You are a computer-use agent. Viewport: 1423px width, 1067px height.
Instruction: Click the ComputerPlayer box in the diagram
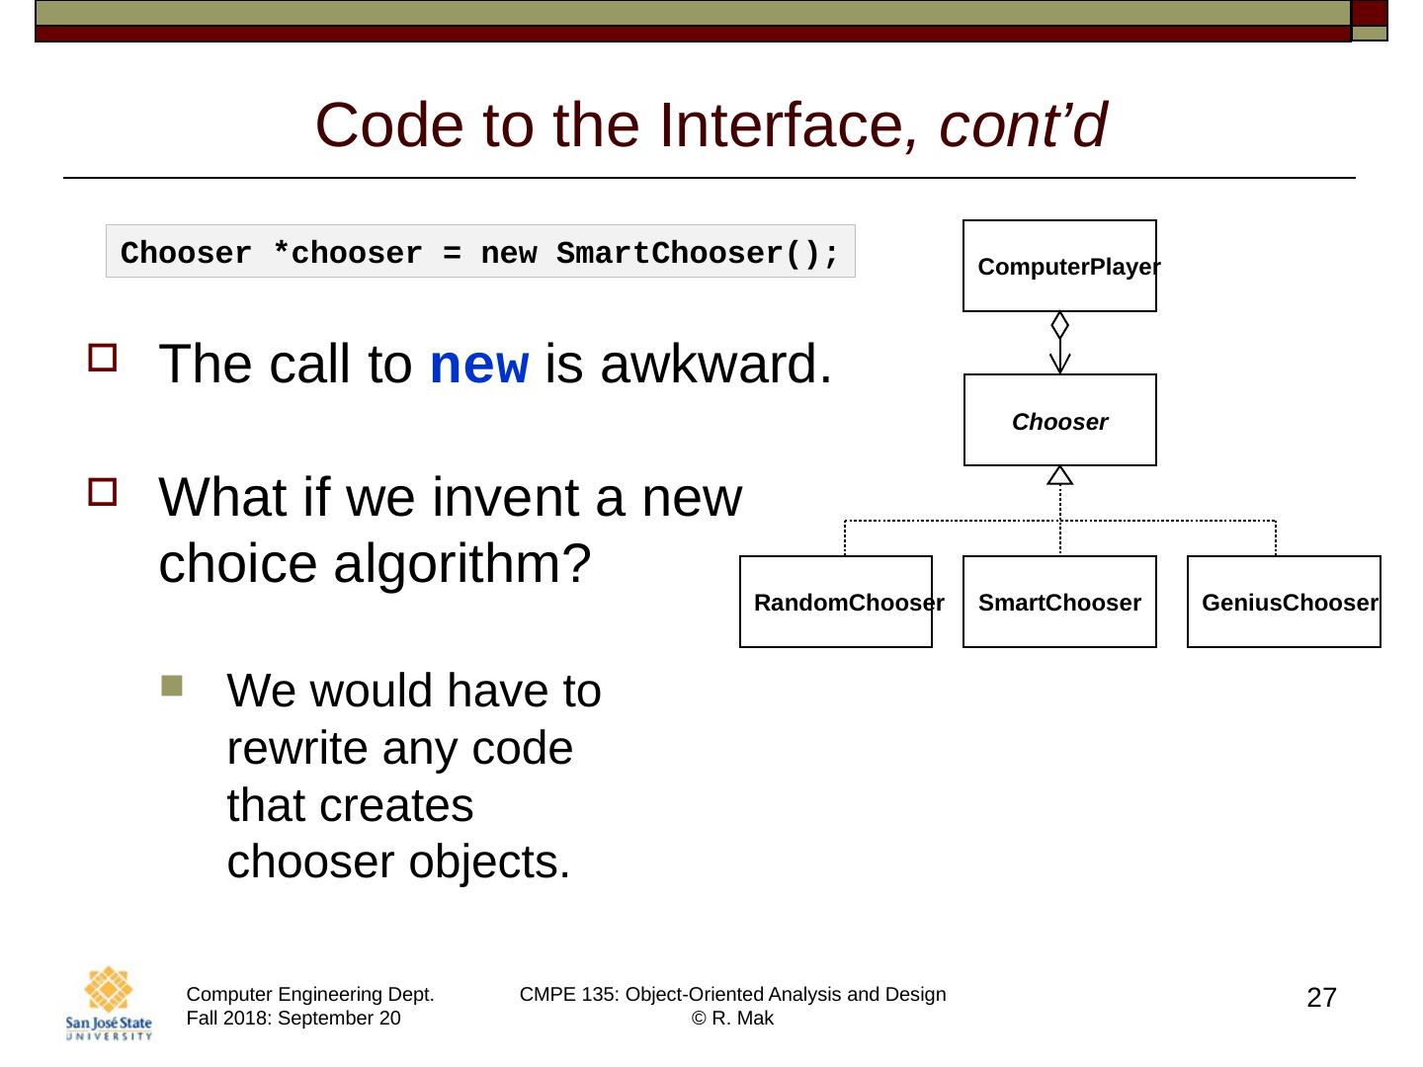click(1059, 266)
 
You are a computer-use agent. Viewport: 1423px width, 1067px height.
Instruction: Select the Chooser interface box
click(1059, 421)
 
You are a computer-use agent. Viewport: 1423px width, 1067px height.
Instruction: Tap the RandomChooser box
click(836, 602)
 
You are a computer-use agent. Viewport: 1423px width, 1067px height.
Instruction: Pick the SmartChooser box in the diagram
click(1059, 602)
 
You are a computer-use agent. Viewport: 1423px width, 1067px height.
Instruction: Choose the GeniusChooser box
click(1284, 602)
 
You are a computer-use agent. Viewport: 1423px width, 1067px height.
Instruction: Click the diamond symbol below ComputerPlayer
click(1060, 325)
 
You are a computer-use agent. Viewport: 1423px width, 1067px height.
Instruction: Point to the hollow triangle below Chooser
click(1060, 475)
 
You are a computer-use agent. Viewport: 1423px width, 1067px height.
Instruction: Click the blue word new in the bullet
click(479, 366)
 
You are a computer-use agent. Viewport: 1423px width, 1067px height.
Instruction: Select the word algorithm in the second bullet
click(461, 564)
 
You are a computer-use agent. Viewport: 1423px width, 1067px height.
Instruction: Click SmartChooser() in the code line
click(698, 253)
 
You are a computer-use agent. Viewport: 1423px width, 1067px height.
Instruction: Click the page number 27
click(1321, 998)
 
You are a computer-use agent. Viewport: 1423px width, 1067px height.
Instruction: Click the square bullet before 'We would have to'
click(172, 686)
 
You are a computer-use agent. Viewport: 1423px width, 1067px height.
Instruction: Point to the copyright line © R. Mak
click(732, 1019)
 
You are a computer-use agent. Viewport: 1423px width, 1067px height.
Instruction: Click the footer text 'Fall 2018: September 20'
click(293, 1019)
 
